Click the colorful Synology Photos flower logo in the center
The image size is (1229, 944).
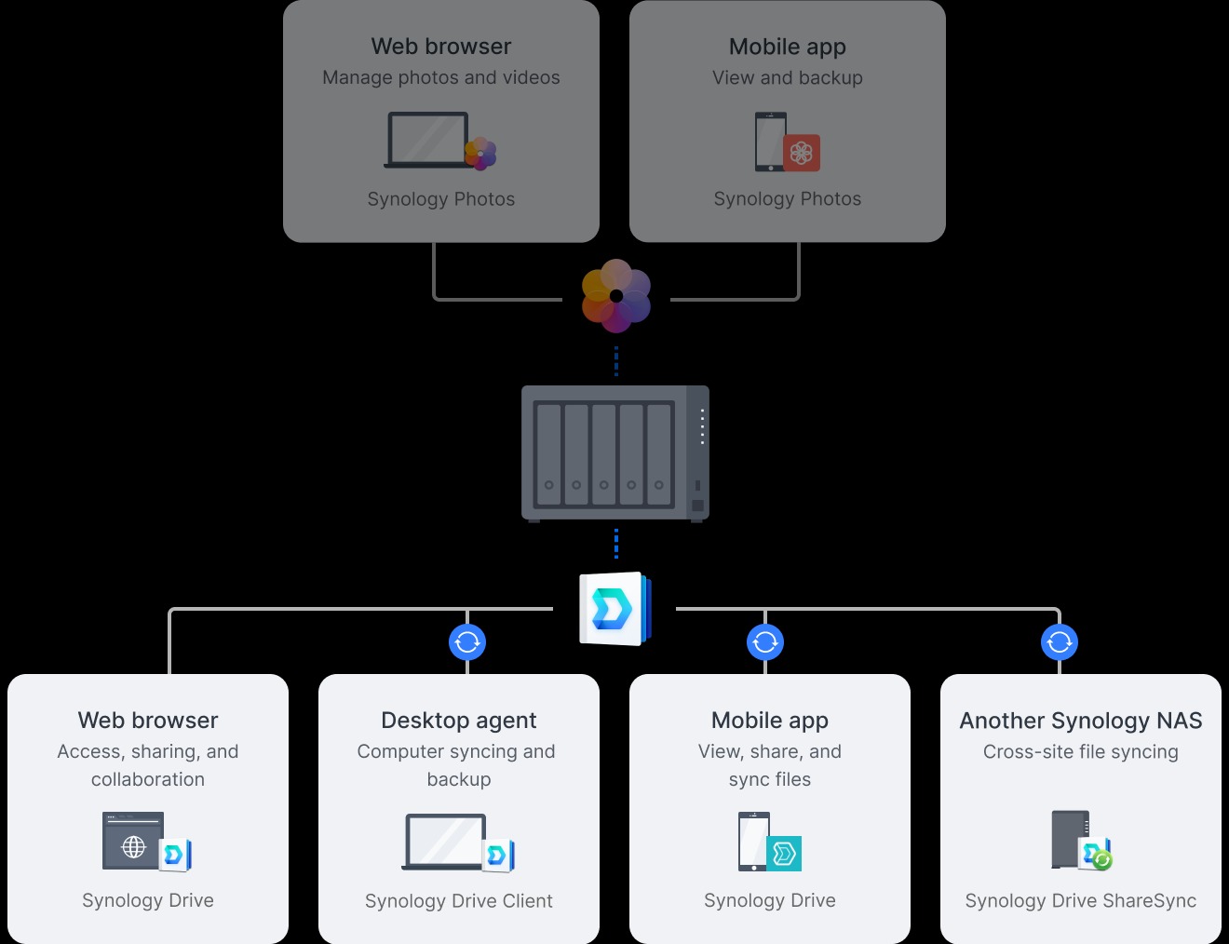615,296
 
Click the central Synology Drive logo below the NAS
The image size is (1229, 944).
614,609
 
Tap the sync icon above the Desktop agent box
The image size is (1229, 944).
467,641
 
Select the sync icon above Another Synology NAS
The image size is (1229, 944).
1060,641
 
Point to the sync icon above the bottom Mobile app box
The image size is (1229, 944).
765,641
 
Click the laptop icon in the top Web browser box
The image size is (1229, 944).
428,141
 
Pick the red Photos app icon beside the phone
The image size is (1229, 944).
802,153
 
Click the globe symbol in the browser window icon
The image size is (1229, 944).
134,847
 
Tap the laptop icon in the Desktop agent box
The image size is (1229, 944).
445,842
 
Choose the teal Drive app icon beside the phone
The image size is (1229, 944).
784,853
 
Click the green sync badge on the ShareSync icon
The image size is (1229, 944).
1102,860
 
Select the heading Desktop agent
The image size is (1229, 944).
459,721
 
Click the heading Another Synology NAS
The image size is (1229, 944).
1081,721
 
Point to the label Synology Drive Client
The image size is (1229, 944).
459,901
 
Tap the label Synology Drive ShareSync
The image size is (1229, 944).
1081,901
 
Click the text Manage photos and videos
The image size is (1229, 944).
441,78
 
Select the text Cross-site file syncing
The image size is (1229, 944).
1081,752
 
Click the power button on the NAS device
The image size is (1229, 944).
697,506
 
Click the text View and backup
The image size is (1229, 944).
788,78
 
